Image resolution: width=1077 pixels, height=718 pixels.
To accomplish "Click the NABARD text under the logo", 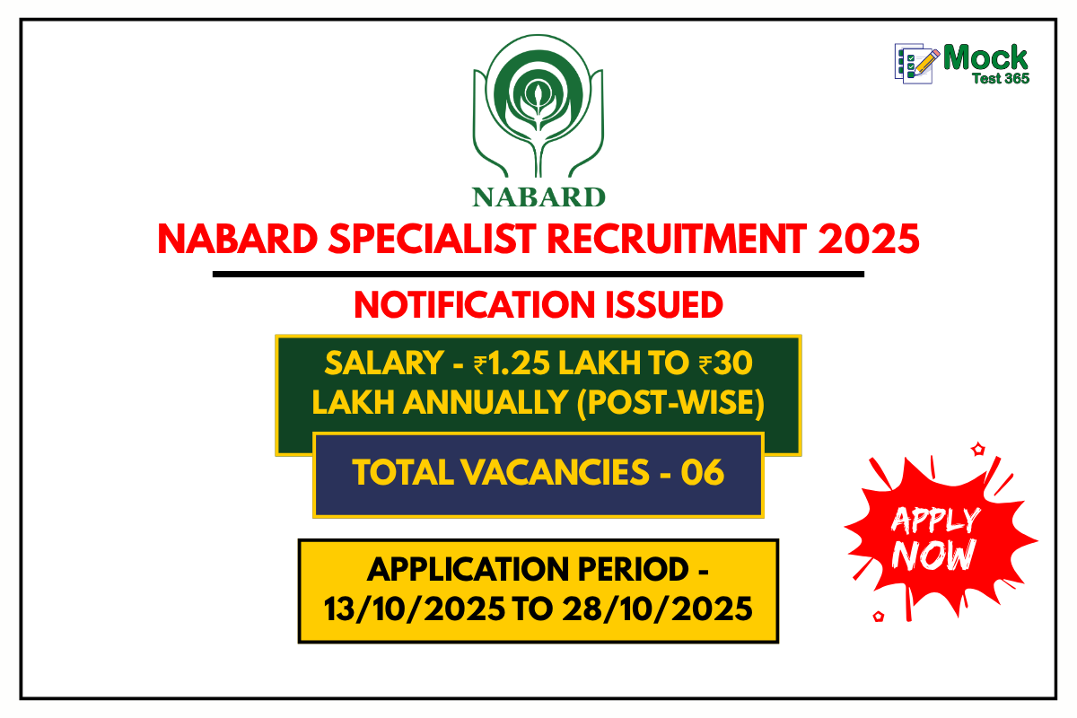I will (x=538, y=195).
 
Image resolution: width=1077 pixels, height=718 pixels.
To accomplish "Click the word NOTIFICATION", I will (x=475, y=305).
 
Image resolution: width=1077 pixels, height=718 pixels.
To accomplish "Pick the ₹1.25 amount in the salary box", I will (x=511, y=363).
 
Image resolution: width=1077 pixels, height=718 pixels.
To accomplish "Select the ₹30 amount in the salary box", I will (x=725, y=363).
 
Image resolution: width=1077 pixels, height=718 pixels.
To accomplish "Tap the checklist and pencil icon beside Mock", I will (x=915, y=63).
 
